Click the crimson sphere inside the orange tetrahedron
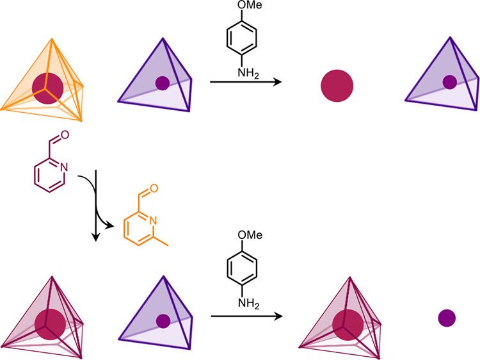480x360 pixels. click(45, 88)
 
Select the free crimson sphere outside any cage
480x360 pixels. click(337, 86)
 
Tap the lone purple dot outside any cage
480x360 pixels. click(447, 317)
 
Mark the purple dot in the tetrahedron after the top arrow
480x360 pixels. click(450, 82)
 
